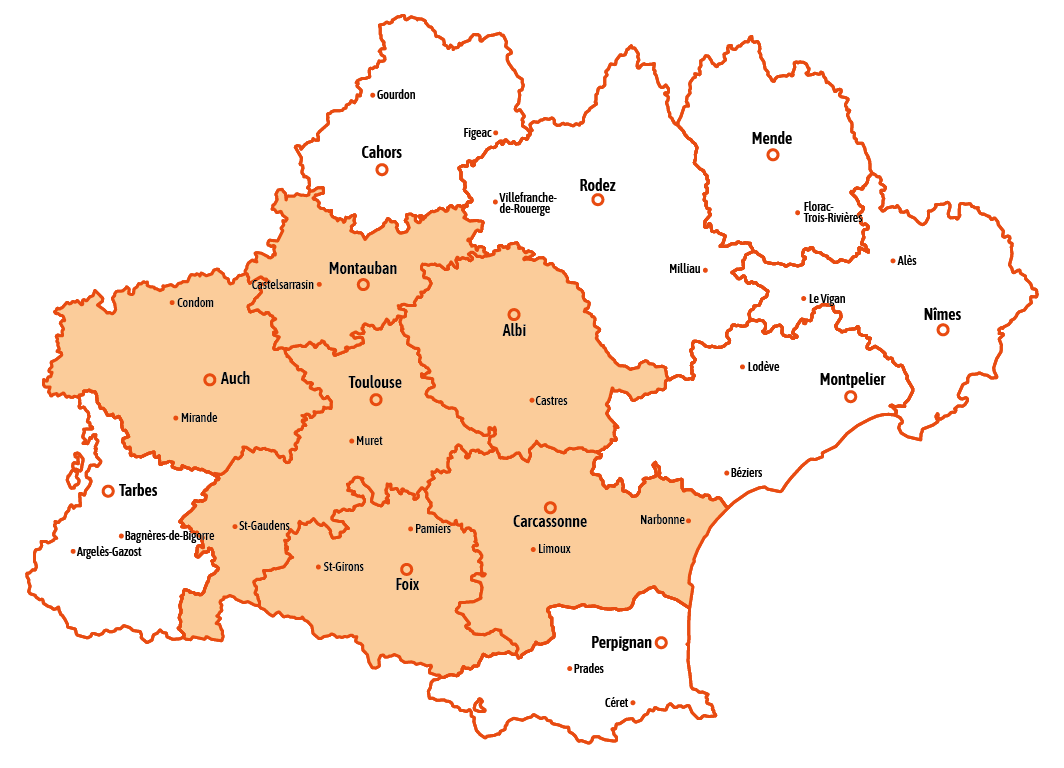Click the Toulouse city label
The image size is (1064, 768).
375,383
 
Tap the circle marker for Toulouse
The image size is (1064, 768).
376,400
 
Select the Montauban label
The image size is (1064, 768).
363,268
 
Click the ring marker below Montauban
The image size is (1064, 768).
363,285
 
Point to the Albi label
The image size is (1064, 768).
514,331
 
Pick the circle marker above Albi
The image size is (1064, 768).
514,315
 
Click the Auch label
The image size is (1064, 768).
235,379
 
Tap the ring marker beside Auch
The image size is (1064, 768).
210,380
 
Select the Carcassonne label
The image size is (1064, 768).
550,522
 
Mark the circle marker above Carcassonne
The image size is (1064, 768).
550,508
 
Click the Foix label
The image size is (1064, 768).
407,585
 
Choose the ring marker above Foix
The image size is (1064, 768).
406,569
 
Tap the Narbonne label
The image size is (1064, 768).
662,520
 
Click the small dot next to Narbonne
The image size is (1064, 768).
688,520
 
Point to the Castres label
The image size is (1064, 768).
551,401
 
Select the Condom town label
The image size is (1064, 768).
195,303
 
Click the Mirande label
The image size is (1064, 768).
199,418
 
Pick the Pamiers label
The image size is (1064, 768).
432,529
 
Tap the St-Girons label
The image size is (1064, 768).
344,567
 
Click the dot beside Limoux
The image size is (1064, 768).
533,549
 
